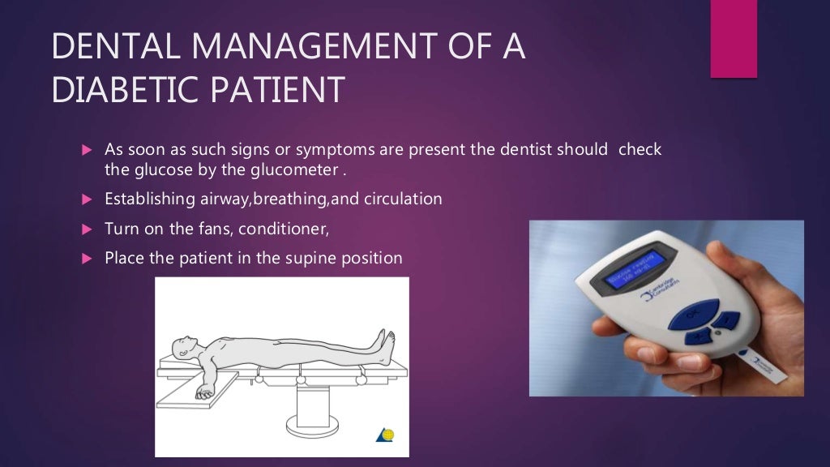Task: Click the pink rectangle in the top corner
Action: pyautogui.click(x=734, y=39)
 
